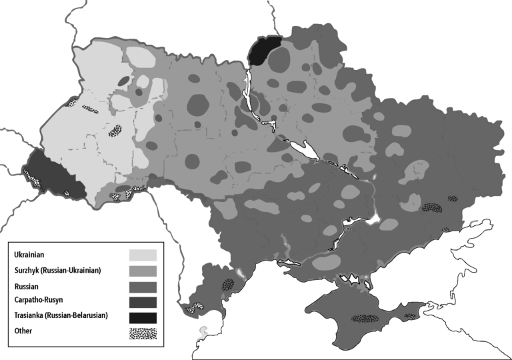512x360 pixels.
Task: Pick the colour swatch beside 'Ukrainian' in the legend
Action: click(x=143, y=255)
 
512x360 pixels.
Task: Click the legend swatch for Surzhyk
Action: click(x=143, y=271)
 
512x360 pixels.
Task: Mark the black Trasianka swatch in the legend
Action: click(x=143, y=317)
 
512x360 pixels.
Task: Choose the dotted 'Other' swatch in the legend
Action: click(x=143, y=333)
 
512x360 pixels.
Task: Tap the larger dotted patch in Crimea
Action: click(x=367, y=319)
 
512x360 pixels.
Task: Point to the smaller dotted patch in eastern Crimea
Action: click(x=409, y=315)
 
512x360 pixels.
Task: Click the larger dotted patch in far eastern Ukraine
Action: click(x=431, y=207)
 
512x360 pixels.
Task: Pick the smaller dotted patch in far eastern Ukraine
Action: click(x=453, y=198)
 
